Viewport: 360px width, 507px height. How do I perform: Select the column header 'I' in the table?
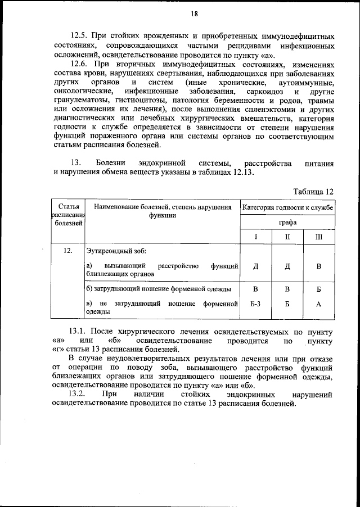pos(255,237)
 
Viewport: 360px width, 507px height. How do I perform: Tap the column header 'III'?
pos(318,237)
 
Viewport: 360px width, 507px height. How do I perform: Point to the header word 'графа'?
pos(287,222)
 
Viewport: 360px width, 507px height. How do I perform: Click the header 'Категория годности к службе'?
pos(287,207)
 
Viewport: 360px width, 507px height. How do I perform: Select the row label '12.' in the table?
pos(67,251)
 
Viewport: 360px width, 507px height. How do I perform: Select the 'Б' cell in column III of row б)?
pos(318,289)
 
